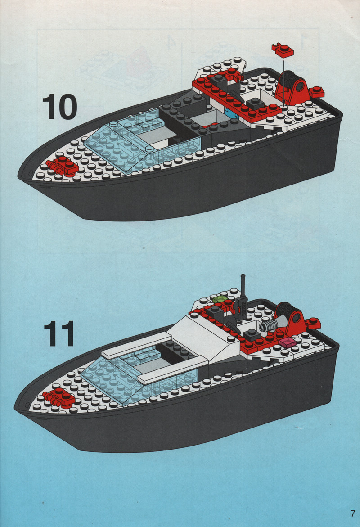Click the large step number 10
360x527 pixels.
point(60,107)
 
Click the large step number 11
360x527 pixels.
point(59,333)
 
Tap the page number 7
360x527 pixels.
point(352,513)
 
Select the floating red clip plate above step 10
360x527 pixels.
point(283,50)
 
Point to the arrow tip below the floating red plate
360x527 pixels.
point(283,104)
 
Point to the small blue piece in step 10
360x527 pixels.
point(230,113)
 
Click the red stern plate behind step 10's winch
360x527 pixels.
point(316,91)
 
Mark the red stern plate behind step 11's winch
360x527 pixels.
point(313,323)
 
